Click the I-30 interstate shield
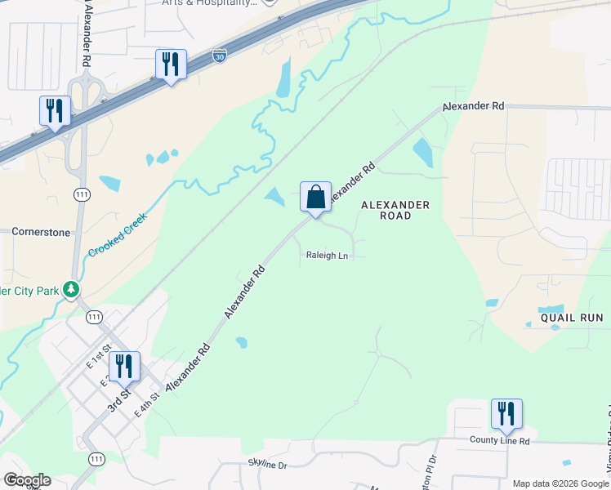pyautogui.click(x=219, y=56)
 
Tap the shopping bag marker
pyautogui.click(x=315, y=198)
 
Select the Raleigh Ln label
pyautogui.click(x=327, y=256)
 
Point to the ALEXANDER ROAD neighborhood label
pyautogui.click(x=395, y=210)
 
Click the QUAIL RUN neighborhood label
pyautogui.click(x=571, y=317)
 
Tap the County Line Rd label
pyautogui.click(x=500, y=440)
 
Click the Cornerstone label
pyautogui.click(x=41, y=232)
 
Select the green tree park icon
pyautogui.click(x=72, y=289)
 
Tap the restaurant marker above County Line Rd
pyautogui.click(x=506, y=414)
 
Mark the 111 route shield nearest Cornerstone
pyautogui.click(x=81, y=194)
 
